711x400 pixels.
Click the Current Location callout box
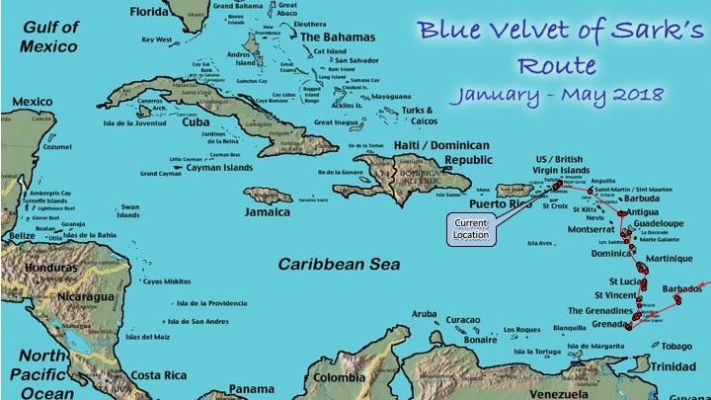(x=470, y=227)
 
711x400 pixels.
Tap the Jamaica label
(x=268, y=213)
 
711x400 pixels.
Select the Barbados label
(x=682, y=288)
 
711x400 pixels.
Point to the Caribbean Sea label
(x=339, y=264)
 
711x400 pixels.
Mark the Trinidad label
(x=680, y=367)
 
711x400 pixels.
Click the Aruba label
(x=424, y=314)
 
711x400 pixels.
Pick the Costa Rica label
(x=159, y=375)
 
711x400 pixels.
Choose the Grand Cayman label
(x=161, y=174)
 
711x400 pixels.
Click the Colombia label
(x=338, y=377)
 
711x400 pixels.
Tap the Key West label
(x=157, y=40)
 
